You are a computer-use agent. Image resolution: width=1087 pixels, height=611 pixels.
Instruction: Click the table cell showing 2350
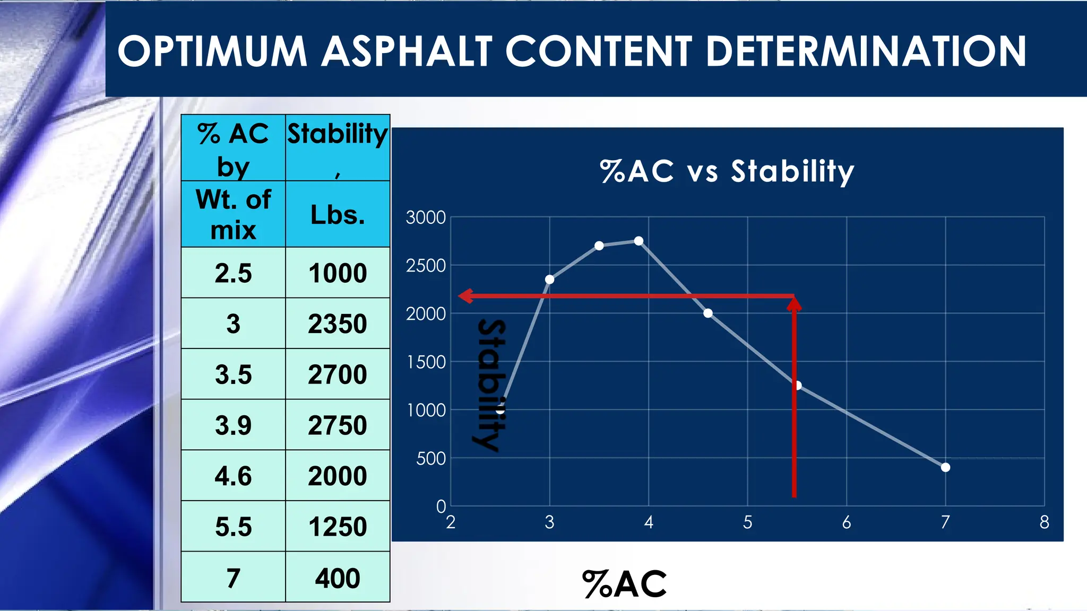pyautogui.click(x=338, y=324)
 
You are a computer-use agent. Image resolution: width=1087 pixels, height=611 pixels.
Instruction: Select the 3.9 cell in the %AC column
pyautogui.click(x=233, y=425)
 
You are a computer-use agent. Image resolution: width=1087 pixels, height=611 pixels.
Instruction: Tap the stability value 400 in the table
pyautogui.click(x=338, y=578)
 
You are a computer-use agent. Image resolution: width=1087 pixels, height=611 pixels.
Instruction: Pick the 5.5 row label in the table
pyautogui.click(x=233, y=527)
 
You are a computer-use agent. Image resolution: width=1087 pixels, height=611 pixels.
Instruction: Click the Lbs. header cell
pyautogui.click(x=338, y=215)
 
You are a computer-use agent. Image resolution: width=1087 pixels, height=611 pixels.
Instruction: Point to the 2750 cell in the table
pyautogui.click(x=338, y=425)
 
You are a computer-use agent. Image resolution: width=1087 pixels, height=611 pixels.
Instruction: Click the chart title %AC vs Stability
pyautogui.click(x=727, y=171)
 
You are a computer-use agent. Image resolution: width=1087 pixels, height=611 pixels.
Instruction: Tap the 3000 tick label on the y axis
pyautogui.click(x=426, y=217)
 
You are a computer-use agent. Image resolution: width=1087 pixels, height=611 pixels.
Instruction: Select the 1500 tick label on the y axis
pyautogui.click(x=426, y=362)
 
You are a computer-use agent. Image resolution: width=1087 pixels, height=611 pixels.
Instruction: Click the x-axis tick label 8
pyautogui.click(x=1044, y=522)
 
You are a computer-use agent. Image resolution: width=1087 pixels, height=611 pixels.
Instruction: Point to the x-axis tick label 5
pyautogui.click(x=747, y=522)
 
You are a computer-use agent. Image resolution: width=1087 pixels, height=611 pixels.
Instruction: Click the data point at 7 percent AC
pyautogui.click(x=945, y=467)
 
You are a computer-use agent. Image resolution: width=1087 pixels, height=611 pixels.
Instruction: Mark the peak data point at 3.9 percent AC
pyautogui.click(x=639, y=241)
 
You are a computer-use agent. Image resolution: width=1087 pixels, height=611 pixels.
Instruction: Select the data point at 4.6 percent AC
pyautogui.click(x=708, y=313)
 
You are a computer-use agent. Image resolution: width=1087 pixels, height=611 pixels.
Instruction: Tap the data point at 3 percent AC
pyautogui.click(x=550, y=280)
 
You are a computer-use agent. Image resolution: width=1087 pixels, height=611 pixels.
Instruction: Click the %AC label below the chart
pyautogui.click(x=624, y=584)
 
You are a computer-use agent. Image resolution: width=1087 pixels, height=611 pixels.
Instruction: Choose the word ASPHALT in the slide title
pyautogui.click(x=407, y=51)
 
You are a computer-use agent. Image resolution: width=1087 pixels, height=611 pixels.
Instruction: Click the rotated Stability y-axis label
pyautogui.click(x=489, y=385)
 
